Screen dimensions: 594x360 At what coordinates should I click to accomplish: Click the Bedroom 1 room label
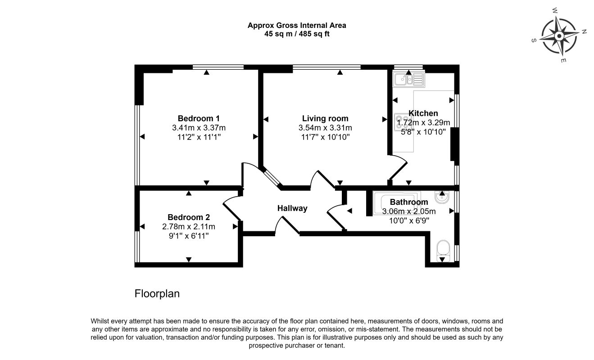click(199, 118)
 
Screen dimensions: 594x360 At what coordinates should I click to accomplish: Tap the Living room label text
click(325, 118)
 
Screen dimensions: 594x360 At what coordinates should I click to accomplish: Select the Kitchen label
click(423, 113)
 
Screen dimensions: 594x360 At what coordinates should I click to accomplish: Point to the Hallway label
click(292, 208)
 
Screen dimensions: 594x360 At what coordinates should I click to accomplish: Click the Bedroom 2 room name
click(189, 217)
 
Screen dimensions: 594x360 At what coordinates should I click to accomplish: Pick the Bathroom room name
click(409, 202)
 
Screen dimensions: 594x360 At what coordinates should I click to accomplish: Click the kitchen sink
click(408, 79)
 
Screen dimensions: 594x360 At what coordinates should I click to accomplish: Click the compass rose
click(559, 36)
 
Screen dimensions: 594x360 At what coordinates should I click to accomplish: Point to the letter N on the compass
click(584, 31)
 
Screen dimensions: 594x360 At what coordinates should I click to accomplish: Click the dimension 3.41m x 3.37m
click(199, 128)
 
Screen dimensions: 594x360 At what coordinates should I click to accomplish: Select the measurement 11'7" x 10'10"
click(326, 137)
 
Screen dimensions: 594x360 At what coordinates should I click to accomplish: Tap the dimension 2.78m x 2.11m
click(189, 227)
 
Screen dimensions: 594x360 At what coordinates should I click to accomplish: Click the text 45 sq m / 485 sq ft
click(297, 34)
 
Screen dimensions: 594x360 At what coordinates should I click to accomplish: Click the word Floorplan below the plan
click(157, 293)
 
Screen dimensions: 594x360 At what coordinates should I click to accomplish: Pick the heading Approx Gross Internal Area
click(297, 26)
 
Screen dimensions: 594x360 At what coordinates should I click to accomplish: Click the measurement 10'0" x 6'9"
click(409, 220)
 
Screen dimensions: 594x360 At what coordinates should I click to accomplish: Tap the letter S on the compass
click(534, 40)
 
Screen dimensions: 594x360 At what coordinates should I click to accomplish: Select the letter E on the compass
click(563, 60)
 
